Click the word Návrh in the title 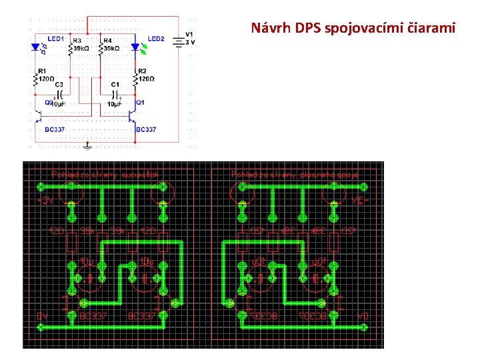pos(267,28)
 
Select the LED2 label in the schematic pos(156,39)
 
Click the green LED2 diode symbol pos(135,47)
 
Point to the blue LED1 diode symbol pos(35,47)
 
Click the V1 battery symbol pos(179,41)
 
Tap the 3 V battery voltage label pos(190,42)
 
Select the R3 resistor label pos(77,41)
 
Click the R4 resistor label pos(109,41)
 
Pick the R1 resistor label pos(42,71)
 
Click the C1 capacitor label pos(115,85)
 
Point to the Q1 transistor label pos(140,103)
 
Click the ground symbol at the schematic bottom pos(87,145)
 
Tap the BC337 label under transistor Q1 pos(146,129)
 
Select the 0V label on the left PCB pos(42,315)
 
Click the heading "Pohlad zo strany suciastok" pos(105,175)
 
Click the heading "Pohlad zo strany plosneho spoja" pos(295,175)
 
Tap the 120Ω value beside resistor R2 pos(146,79)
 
